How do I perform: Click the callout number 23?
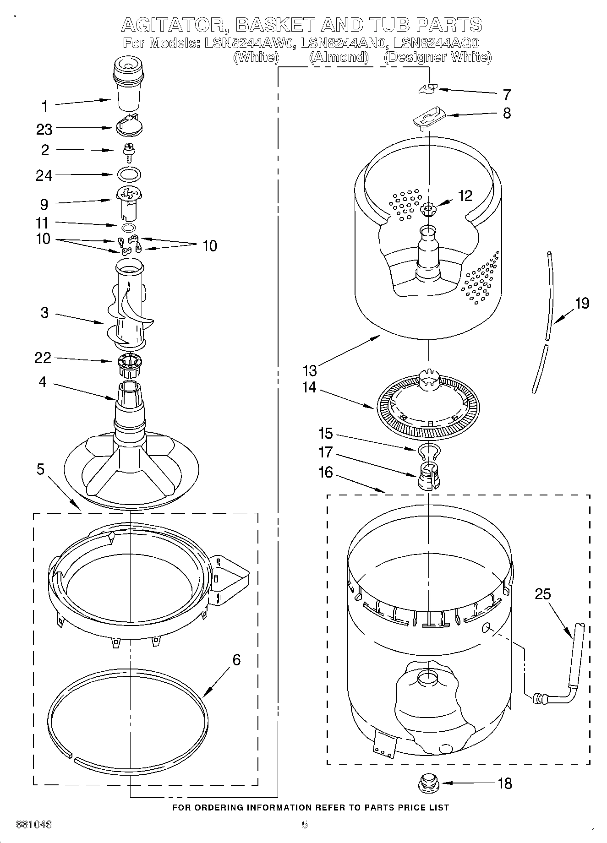coord(44,130)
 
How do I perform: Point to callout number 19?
coord(582,303)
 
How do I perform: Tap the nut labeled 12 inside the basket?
coord(428,210)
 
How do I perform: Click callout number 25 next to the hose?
coord(543,594)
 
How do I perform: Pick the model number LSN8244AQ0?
coord(436,44)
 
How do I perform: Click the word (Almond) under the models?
coord(339,57)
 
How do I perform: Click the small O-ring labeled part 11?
coord(129,228)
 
